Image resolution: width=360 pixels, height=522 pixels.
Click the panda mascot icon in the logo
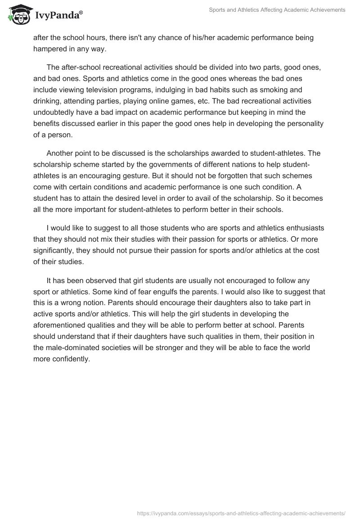(17, 15)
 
